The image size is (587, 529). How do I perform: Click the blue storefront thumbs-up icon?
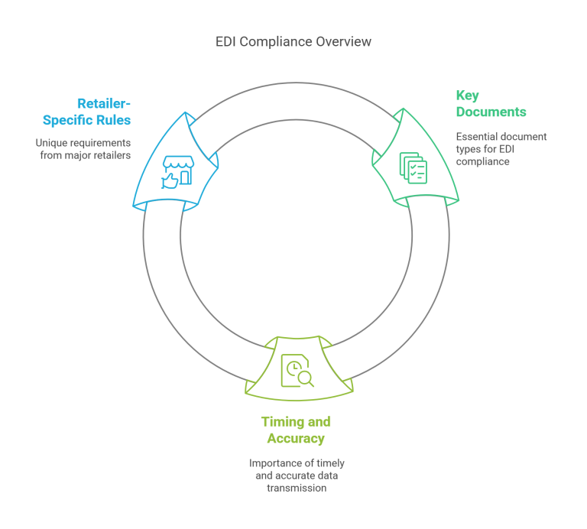tap(174, 170)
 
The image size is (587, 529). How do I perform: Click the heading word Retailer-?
tap(103, 103)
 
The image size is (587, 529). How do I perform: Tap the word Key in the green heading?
tap(467, 96)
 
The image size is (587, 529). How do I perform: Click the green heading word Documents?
tap(491, 112)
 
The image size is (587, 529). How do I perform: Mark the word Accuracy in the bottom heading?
tap(296, 438)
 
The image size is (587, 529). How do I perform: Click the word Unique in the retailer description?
tap(50, 143)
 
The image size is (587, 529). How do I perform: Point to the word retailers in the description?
tap(112, 155)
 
